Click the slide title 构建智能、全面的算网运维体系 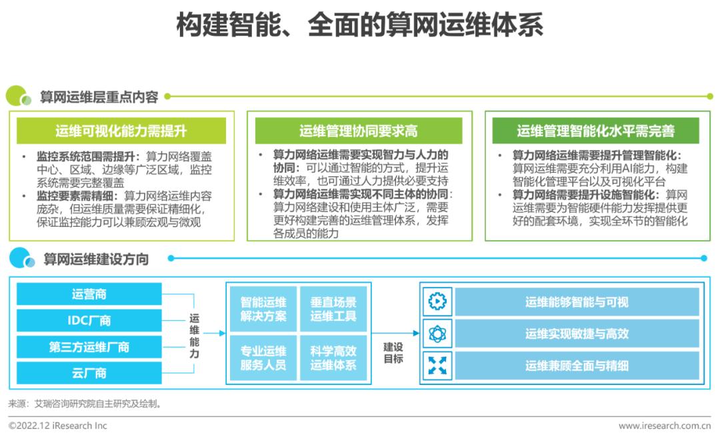pos(360,25)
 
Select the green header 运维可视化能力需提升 pos(121,131)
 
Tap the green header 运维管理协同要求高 pos(359,131)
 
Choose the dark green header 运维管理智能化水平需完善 pos(596,131)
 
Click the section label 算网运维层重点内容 pos(99,97)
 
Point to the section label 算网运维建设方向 pos(96,259)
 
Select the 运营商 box pos(89,294)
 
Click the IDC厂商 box pos(89,320)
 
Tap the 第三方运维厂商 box pos(89,347)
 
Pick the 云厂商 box pos(89,373)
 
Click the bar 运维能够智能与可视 pos(577,302)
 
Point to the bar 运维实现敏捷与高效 pos(577,334)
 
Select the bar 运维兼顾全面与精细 pos(577,366)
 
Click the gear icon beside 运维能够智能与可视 pos(438,302)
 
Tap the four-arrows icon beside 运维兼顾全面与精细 pos(438,366)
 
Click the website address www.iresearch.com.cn pos(664,426)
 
